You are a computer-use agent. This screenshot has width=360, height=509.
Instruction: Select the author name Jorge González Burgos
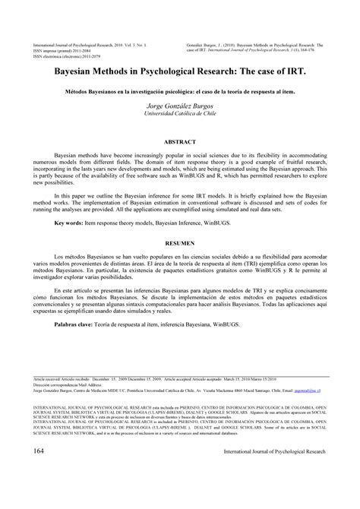(179, 106)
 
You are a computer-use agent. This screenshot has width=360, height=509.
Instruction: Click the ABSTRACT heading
(179, 141)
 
